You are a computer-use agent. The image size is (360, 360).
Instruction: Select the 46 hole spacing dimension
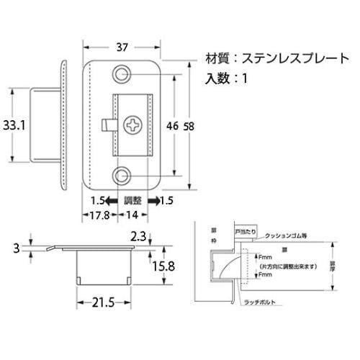tap(172, 125)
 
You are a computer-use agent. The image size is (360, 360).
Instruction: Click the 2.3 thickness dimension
tap(140, 235)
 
